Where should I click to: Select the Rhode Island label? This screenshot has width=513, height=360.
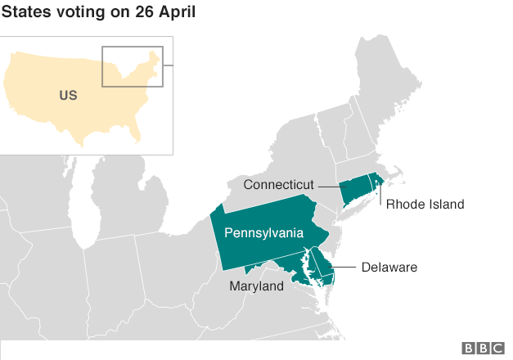[425, 205]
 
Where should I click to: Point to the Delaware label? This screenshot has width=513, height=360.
[389, 268]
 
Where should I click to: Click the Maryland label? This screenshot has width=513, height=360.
[256, 286]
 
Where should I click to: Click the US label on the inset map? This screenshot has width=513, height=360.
[68, 96]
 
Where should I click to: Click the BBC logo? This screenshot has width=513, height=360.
[483, 349]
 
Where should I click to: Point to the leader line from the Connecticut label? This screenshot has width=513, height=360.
[329, 187]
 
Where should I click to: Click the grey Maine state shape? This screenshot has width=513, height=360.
[392, 82]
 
